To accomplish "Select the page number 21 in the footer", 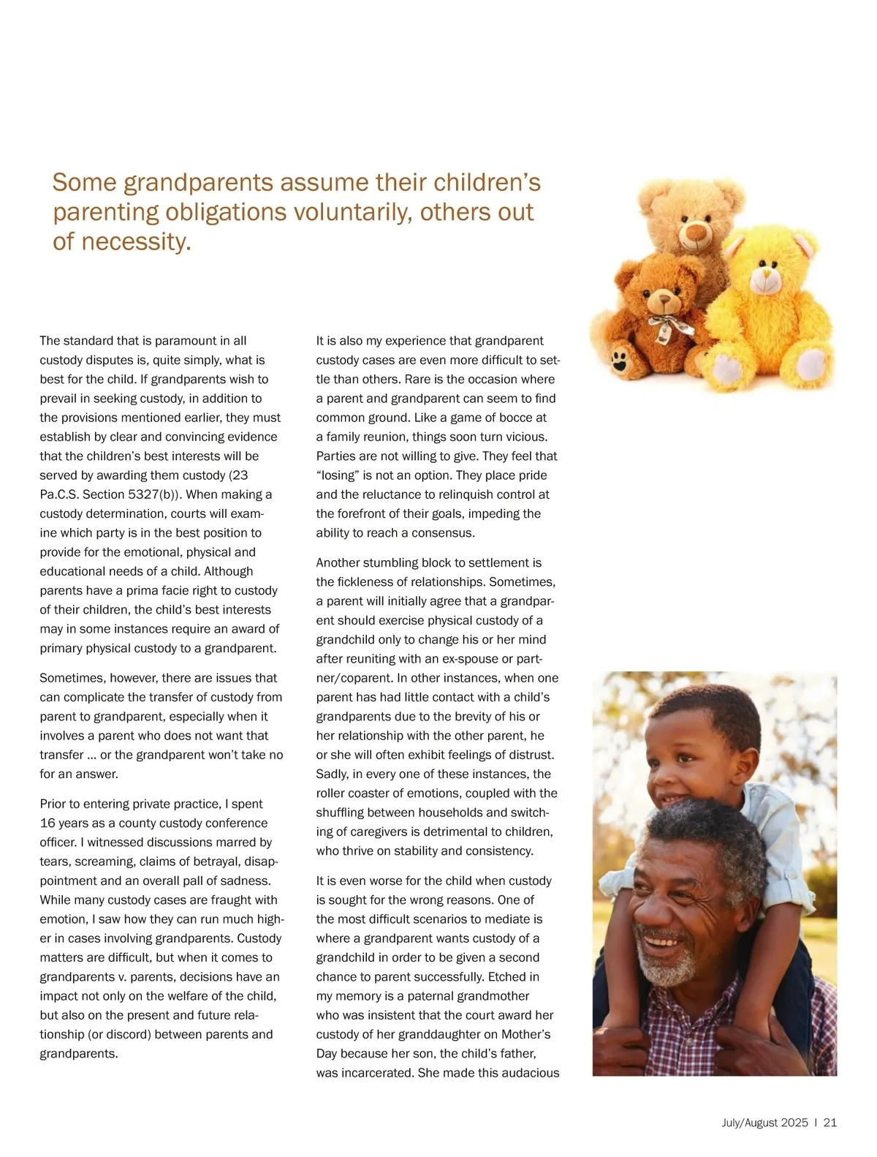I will click(829, 1123).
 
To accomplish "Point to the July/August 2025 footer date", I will click(764, 1123).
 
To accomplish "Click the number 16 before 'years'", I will click(47, 824).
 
